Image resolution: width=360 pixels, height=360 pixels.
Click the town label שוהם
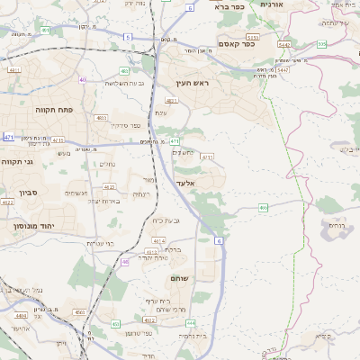179,278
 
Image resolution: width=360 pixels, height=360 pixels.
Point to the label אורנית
272,4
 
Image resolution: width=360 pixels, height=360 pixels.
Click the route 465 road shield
263,208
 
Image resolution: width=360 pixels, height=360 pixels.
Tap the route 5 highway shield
128,37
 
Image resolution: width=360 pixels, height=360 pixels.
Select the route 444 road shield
190,321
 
